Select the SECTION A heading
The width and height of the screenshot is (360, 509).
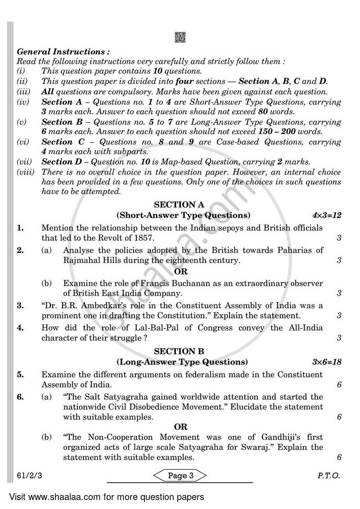tap(179, 205)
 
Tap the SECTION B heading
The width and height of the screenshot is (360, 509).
tap(179, 351)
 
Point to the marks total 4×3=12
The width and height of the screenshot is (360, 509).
tap(326, 215)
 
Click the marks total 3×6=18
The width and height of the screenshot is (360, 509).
tap(326, 361)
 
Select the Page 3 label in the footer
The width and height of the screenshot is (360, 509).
tap(180, 475)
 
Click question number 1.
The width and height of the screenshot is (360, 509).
tap(20, 228)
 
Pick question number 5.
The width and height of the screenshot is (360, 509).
tap(20, 374)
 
